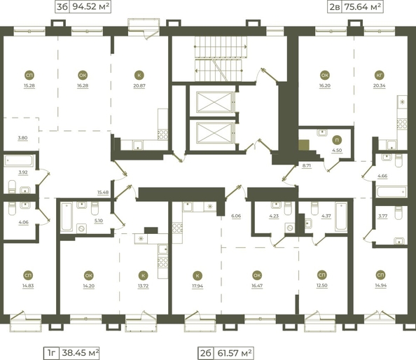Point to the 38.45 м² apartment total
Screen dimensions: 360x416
click(x=79, y=352)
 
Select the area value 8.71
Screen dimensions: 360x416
click(x=307, y=165)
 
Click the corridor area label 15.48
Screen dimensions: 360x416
click(x=103, y=192)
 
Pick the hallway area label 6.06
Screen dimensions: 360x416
click(x=236, y=216)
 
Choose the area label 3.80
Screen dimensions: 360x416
click(x=22, y=139)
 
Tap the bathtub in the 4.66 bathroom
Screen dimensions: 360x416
click(x=391, y=191)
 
